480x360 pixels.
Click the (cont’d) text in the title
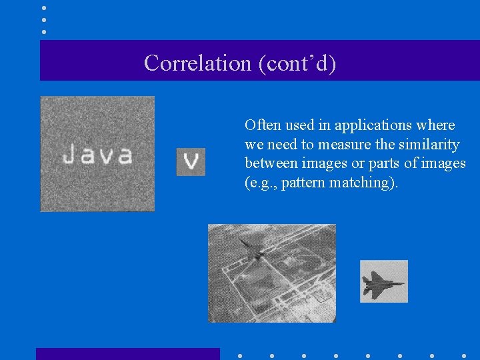[x=293, y=63]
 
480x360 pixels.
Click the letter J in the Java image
[x=69, y=155]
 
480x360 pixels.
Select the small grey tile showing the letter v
[x=191, y=162]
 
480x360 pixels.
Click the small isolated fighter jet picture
[x=384, y=281]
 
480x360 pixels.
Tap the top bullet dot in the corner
[x=44, y=8]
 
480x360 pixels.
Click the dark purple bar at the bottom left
[x=127, y=353]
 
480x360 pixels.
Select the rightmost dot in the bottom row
[x=463, y=356]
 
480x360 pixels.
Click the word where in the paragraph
[x=437, y=125]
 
